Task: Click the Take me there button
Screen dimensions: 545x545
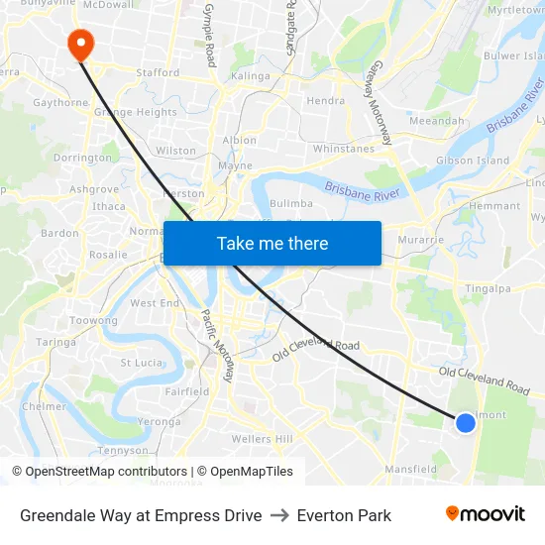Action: [x=272, y=243]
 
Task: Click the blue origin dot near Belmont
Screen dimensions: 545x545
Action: [x=465, y=423]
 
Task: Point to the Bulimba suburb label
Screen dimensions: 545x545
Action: [x=291, y=203]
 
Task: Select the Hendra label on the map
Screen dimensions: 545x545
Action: [x=326, y=100]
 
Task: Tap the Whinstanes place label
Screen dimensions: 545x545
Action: [x=343, y=149]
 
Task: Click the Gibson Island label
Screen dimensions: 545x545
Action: [x=473, y=161]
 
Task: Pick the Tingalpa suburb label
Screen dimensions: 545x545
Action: [x=488, y=288]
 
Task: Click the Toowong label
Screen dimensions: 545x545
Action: [x=94, y=321]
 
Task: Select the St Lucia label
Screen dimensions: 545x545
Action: [x=141, y=363]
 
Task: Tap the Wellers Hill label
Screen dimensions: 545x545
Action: [x=262, y=439]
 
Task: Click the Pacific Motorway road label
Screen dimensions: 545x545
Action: [x=218, y=346]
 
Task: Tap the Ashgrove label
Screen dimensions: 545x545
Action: [x=93, y=188]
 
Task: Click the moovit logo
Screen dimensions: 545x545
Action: [x=485, y=514]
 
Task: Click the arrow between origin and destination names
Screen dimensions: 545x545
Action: [x=279, y=515]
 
